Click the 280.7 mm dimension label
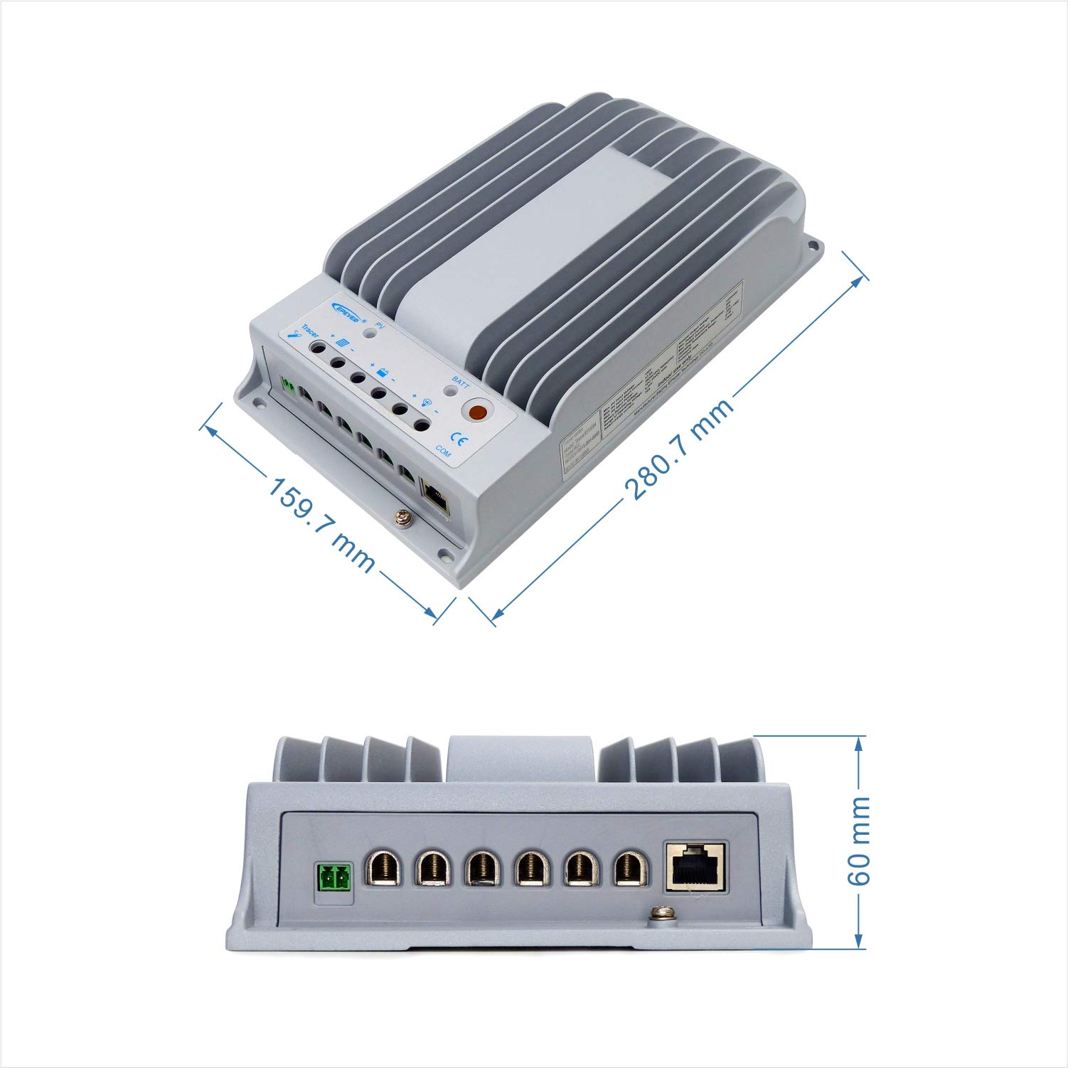coord(678,450)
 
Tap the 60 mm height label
coord(859,840)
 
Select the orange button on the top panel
coord(477,412)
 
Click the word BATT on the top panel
coord(460,382)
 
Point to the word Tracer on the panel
coord(309,331)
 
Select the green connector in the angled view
coord(289,385)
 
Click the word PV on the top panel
coord(380,325)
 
